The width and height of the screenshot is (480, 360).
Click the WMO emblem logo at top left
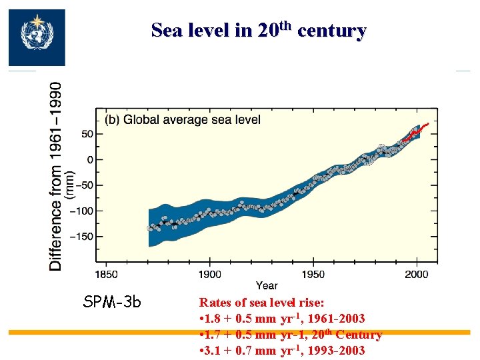[x=36, y=37]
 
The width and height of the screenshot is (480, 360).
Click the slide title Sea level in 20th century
[x=258, y=30]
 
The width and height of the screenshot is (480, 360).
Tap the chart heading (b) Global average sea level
[x=182, y=120]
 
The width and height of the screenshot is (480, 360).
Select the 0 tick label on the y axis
[x=89, y=159]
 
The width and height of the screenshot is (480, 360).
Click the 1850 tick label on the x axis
[x=107, y=273]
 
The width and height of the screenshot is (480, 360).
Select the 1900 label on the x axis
[x=210, y=273]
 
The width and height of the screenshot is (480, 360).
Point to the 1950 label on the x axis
[x=313, y=273]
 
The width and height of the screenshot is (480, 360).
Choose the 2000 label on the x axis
[x=417, y=273]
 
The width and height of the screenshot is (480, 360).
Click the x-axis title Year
[x=267, y=285]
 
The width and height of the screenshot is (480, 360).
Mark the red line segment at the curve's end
[x=417, y=132]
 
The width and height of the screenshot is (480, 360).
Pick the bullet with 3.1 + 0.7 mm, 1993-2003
[x=282, y=351]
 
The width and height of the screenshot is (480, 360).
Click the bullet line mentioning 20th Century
[x=290, y=335]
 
